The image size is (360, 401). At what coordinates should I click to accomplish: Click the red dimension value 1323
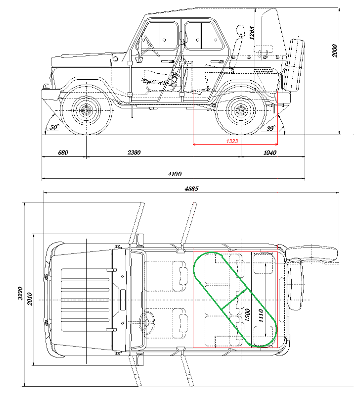(x=232, y=141)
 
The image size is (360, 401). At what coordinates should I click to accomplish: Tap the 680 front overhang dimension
(x=63, y=152)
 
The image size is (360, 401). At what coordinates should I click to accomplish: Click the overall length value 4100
(x=175, y=174)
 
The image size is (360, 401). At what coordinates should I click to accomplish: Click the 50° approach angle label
(x=54, y=127)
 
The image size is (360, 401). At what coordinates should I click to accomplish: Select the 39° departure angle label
(x=270, y=128)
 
